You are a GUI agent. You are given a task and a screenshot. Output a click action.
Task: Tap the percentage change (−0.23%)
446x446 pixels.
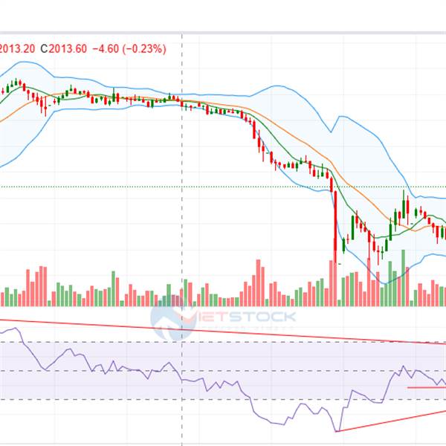[146, 49]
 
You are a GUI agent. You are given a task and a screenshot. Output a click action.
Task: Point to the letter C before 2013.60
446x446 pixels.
[44, 49]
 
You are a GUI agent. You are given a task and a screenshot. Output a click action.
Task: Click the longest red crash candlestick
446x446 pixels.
[334, 227]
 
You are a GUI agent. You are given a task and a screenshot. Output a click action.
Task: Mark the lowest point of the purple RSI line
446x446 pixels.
[336, 430]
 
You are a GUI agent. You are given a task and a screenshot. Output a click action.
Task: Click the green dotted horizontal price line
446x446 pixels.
[149, 187]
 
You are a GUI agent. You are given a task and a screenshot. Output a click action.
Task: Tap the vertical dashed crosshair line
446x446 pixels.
[182, 186]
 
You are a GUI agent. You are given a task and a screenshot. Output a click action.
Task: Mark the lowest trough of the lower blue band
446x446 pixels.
[384, 282]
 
